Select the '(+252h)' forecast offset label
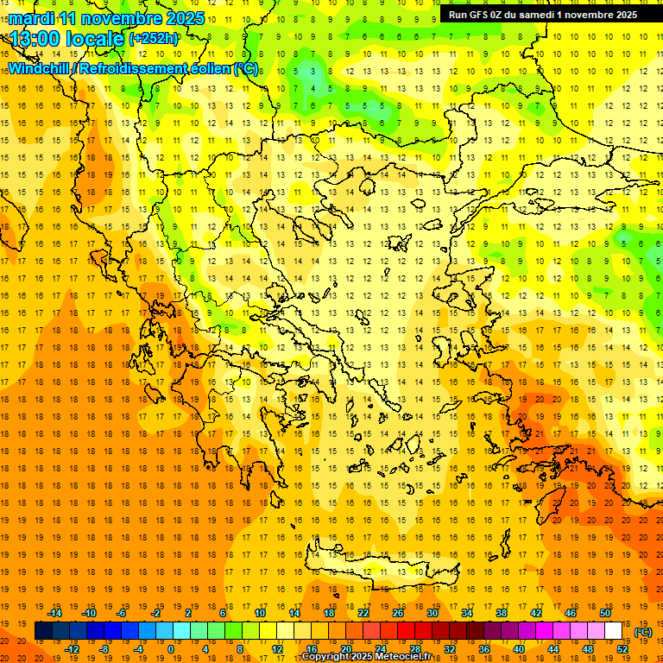pos(154,38)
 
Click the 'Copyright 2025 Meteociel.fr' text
pos(366,657)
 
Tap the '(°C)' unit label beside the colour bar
pos(643,632)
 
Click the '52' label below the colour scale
pos(622,648)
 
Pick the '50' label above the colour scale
pos(605,613)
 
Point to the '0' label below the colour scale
pos(170,648)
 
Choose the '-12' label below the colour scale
pos(73,648)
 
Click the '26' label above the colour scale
pos(398,613)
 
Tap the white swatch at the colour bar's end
pos(614,631)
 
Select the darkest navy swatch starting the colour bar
pos(43,631)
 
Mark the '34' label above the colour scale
pos(467,613)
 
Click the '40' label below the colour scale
pos(519,648)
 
